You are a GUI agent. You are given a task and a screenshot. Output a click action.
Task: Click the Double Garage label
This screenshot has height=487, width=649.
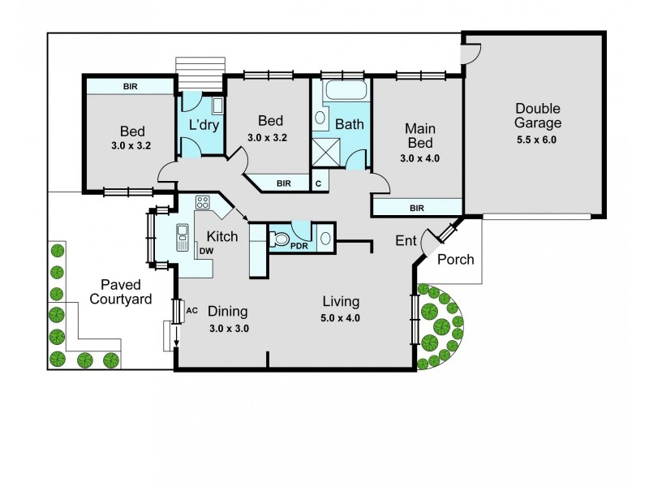[x=537, y=116]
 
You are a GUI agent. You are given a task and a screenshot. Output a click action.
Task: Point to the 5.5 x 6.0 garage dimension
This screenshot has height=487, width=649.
[x=537, y=140]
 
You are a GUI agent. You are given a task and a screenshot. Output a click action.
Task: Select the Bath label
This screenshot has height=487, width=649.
[x=350, y=125]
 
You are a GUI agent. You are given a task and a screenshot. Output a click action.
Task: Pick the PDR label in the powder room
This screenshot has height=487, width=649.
[x=299, y=245]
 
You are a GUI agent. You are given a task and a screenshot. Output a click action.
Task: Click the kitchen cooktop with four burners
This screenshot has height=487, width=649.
[x=202, y=203]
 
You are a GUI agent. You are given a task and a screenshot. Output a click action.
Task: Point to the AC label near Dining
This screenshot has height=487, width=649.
[x=192, y=310]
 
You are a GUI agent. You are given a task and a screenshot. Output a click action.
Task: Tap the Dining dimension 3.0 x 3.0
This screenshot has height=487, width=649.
[x=228, y=329]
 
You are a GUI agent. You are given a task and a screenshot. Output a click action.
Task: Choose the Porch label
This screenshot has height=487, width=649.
[x=455, y=260]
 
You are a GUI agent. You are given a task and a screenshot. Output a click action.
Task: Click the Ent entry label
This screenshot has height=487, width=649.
[x=406, y=240]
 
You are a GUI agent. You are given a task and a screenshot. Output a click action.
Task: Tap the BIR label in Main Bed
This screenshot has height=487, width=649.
[x=417, y=209]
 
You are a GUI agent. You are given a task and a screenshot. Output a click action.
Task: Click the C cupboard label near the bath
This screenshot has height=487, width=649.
[x=318, y=183]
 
